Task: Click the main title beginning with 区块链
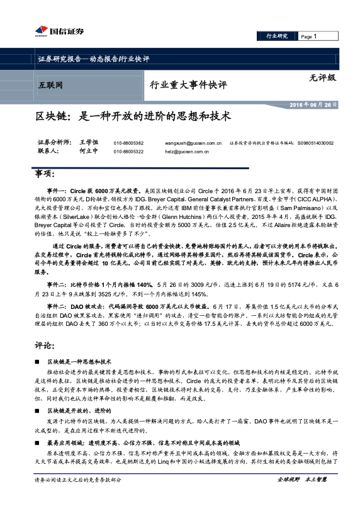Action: tap(134, 117)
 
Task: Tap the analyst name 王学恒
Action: tap(89, 143)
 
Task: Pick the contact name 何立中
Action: tap(89, 152)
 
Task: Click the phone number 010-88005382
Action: tap(128, 143)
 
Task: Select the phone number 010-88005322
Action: tap(128, 152)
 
